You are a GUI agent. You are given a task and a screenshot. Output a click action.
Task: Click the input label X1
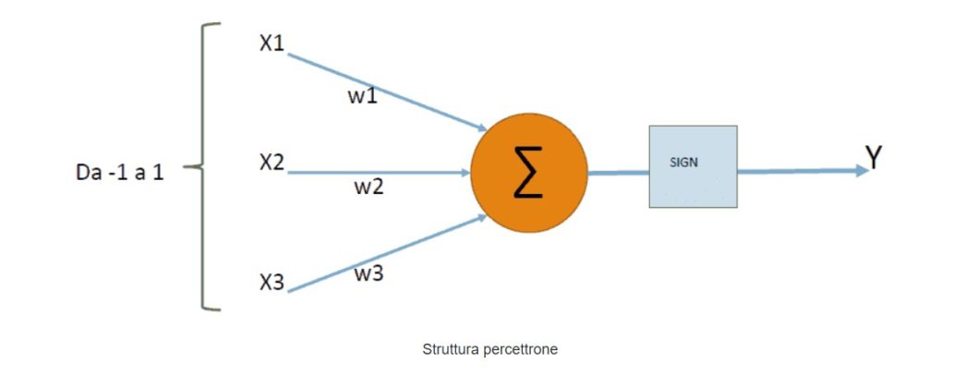pos(272,42)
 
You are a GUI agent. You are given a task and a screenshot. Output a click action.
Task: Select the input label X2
pos(272,163)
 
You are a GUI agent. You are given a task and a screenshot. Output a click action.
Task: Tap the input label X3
pos(272,283)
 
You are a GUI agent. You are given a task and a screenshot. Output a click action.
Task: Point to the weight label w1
pos(362,95)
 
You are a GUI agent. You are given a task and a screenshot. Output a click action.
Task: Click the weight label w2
pos(369,187)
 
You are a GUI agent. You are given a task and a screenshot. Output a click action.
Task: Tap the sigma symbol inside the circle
pos(528,173)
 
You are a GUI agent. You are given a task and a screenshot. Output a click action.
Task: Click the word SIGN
pos(682,162)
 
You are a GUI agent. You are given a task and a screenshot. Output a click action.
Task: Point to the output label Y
pos(874,158)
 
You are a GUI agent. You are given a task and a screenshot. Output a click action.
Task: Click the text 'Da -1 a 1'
pos(120,173)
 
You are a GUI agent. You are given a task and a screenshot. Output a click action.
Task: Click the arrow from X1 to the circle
pos(388,91)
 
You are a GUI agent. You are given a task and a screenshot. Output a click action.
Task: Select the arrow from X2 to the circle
pos(379,172)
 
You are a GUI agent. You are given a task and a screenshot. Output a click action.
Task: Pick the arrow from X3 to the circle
pos(388,254)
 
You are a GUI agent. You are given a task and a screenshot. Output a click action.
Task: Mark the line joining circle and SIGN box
pos(618,173)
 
